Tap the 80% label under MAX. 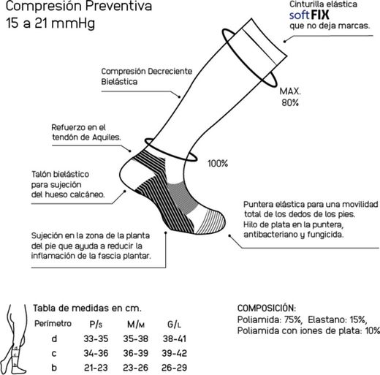[x=289, y=103]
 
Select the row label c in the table [x=54, y=352]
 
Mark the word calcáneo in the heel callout [x=88, y=195]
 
